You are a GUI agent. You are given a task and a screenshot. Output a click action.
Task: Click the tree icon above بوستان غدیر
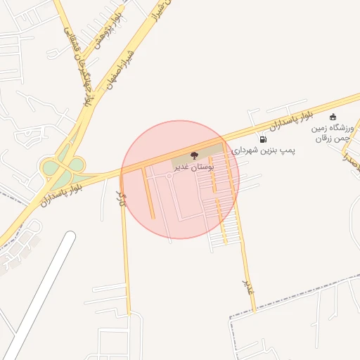pyautogui.click(x=195, y=155)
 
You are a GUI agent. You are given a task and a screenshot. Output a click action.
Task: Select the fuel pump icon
pyautogui.click(x=262, y=139)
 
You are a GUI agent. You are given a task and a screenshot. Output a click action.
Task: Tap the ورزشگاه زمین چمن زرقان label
pyautogui.click(x=334, y=134)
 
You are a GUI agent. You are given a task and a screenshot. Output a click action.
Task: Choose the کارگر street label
pyautogui.click(x=122, y=199)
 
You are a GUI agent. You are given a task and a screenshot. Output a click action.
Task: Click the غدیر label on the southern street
pyautogui.click(x=247, y=285)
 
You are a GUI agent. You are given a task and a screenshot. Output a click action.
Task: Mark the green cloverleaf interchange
pyautogui.click(x=62, y=166)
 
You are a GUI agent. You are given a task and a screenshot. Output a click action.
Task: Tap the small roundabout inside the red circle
pyautogui.click(x=169, y=178)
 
